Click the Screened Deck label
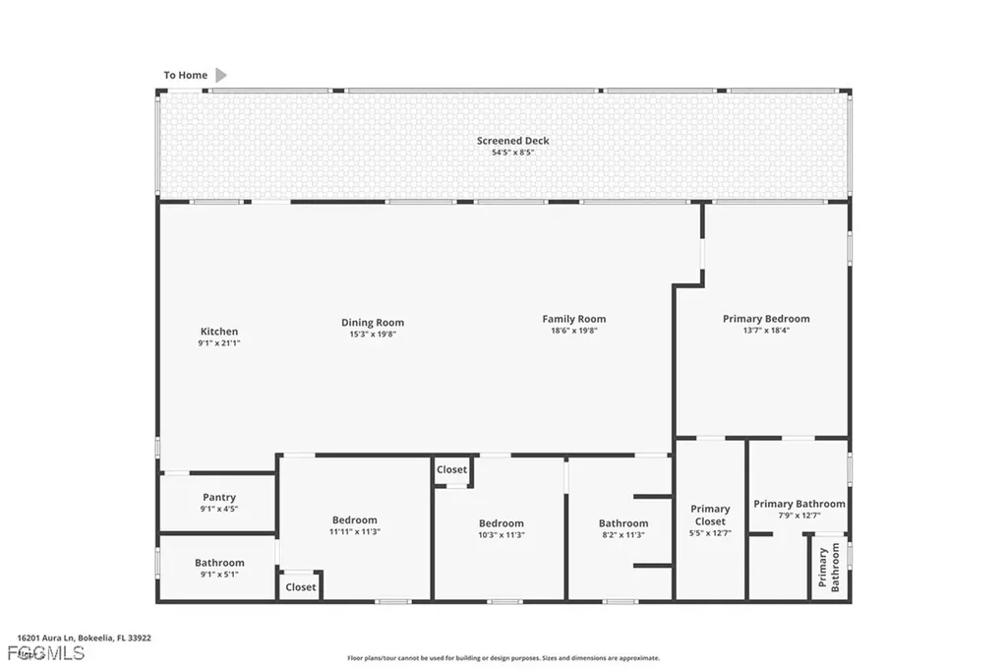(513, 141)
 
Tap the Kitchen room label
(219, 332)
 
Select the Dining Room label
(373, 323)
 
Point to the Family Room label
(574, 319)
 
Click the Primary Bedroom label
(766, 319)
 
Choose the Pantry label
(219, 498)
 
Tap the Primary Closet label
(710, 516)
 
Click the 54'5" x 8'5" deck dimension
(513, 152)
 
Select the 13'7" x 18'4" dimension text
(766, 331)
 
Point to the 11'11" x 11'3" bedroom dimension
(354, 531)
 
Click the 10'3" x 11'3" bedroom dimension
(502, 535)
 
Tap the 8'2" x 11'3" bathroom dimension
(623, 535)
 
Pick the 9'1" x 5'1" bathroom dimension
(219, 575)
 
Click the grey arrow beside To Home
(221, 75)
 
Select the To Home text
(186, 76)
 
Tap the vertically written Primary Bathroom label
(829, 569)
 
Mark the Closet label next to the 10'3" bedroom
(452, 470)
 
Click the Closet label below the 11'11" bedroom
(301, 587)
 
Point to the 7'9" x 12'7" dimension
(800, 516)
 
